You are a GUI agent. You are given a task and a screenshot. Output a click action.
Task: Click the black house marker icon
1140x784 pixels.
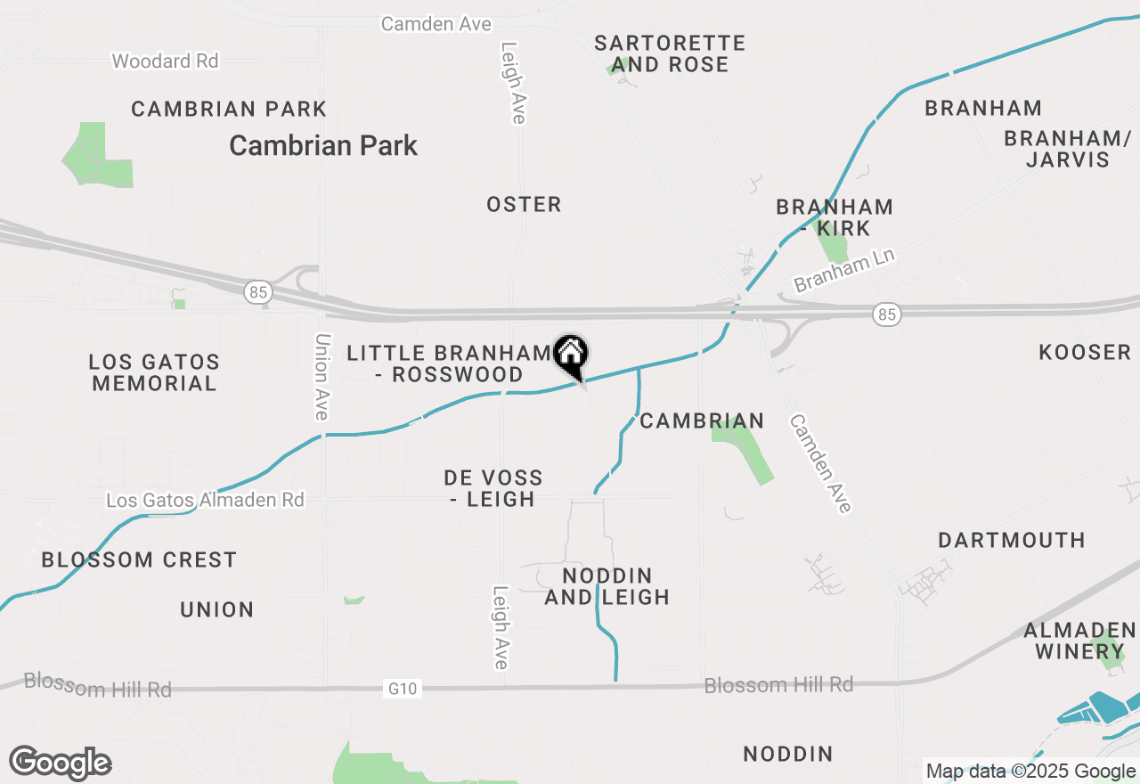click(x=570, y=354)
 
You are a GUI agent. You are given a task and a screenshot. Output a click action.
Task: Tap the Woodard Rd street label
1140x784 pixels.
click(x=165, y=61)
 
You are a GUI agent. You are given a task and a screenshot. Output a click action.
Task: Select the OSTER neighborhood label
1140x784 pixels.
click(x=524, y=205)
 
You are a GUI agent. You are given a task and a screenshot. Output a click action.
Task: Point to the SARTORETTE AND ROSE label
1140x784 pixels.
click(x=670, y=53)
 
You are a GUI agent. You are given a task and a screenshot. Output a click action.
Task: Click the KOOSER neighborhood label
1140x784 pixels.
click(x=1084, y=353)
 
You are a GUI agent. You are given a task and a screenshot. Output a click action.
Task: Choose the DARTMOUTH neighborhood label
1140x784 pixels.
click(x=1012, y=541)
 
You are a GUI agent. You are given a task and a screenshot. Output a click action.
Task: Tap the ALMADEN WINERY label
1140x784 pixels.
click(x=1079, y=641)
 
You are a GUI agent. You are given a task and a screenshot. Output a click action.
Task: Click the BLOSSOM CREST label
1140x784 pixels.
click(x=139, y=560)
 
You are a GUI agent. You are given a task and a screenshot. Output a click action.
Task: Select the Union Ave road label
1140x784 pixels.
click(x=322, y=377)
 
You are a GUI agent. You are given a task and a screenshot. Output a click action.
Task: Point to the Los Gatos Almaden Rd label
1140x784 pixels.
click(x=205, y=500)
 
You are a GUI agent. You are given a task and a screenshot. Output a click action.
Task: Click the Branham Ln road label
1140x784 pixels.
click(x=843, y=270)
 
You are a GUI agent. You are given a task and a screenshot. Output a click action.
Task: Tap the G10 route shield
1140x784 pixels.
click(x=402, y=688)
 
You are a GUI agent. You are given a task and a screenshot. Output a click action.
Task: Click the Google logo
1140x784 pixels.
click(x=61, y=763)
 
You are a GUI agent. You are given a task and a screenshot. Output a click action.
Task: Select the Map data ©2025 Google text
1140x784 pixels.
click(x=1030, y=772)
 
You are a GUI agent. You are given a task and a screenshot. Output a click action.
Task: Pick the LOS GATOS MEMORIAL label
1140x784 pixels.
click(x=154, y=373)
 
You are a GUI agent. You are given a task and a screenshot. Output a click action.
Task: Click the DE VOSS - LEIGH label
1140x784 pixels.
click(x=493, y=489)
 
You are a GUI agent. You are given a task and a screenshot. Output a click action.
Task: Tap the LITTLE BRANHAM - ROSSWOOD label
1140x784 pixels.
click(x=450, y=363)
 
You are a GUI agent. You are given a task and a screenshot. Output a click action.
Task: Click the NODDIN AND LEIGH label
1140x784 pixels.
click(x=607, y=586)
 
